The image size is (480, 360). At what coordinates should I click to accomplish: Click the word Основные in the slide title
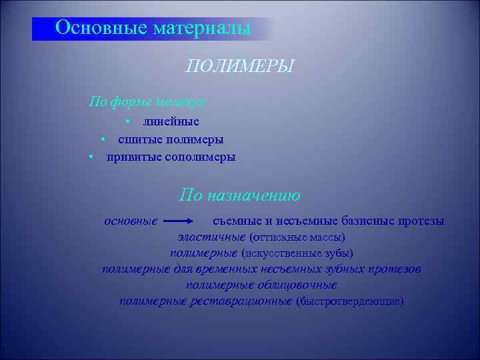[x=102, y=28]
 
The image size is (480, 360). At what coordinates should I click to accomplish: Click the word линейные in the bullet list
[x=171, y=121]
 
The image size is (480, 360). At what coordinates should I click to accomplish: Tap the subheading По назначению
[x=240, y=196]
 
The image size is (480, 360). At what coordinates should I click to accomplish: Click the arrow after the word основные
[x=179, y=221]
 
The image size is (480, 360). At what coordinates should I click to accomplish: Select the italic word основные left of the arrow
[x=131, y=221]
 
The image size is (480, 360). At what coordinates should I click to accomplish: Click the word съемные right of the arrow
[x=236, y=221]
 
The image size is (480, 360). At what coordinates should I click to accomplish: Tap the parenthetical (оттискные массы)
[x=297, y=237]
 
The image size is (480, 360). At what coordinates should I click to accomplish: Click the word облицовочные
[x=296, y=285]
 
